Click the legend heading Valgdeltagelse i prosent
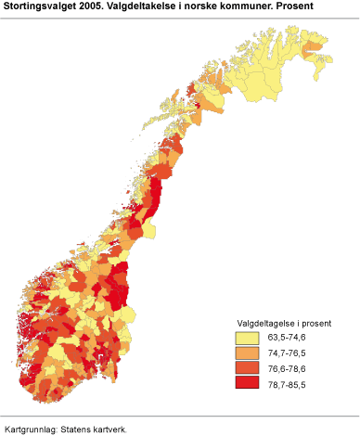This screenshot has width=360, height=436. coord(283,322)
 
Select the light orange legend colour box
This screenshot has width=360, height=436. coord(247,353)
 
